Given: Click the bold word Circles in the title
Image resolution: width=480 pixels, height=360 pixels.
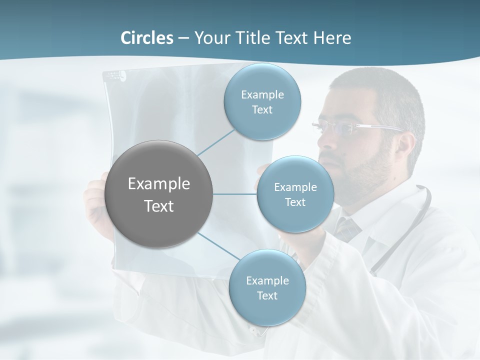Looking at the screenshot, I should pos(147,38).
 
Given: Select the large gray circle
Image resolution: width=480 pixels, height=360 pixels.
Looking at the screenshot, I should pos(159,194).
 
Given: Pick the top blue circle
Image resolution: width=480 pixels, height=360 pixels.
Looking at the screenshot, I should pos(262,102).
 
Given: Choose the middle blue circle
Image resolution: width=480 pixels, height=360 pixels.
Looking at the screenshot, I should pos(295,194).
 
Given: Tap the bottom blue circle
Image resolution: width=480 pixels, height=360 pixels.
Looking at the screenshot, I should pos(267,288).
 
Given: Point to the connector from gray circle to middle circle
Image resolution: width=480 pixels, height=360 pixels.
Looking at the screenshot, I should pos(234,194).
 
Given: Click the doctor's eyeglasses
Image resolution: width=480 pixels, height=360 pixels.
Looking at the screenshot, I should pos(345,128).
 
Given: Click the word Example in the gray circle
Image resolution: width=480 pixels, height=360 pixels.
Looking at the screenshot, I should pos(159,184).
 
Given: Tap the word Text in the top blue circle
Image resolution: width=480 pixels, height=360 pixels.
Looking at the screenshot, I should pos(262,110).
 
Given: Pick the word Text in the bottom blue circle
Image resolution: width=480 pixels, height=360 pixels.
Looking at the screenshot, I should pos(267,296).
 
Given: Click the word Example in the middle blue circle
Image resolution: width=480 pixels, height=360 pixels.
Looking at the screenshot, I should pos(295,187).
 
